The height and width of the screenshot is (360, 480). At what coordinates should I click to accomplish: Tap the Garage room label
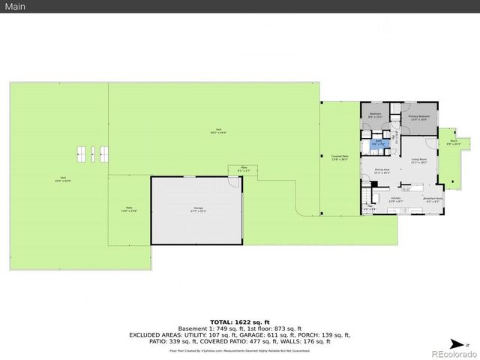pos(198,209)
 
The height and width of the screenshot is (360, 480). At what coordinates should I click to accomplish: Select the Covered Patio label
pos(340,158)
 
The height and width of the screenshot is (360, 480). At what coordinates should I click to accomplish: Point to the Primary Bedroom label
pos(418,118)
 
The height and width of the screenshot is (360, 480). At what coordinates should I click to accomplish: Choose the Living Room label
pos(418,160)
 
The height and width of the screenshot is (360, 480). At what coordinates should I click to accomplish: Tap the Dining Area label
pos(382,171)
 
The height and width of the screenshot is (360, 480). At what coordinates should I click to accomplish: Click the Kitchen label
pos(396,199)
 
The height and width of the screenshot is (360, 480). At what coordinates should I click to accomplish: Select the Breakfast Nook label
pos(433,199)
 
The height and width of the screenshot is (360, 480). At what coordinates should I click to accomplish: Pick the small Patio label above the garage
pos(243,169)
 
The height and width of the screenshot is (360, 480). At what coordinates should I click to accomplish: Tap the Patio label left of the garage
pos(128,208)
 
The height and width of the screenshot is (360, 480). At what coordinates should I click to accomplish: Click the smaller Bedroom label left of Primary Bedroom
pos(375,115)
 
